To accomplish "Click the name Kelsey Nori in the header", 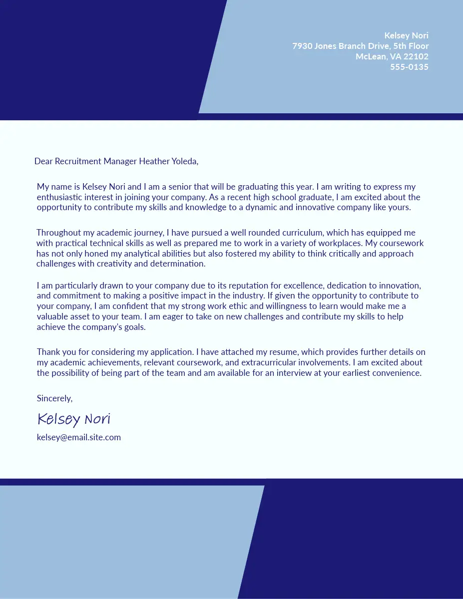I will (406, 35).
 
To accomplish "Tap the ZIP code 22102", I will (416, 56).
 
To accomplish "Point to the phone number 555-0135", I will (409, 67).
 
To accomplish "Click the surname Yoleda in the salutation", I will (184, 161).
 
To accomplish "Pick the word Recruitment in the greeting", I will (77, 161).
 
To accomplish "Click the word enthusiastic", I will (60, 198).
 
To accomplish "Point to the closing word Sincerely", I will (54, 398).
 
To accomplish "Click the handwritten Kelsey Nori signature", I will (73, 419).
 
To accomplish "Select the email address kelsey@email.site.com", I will (78, 437).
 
